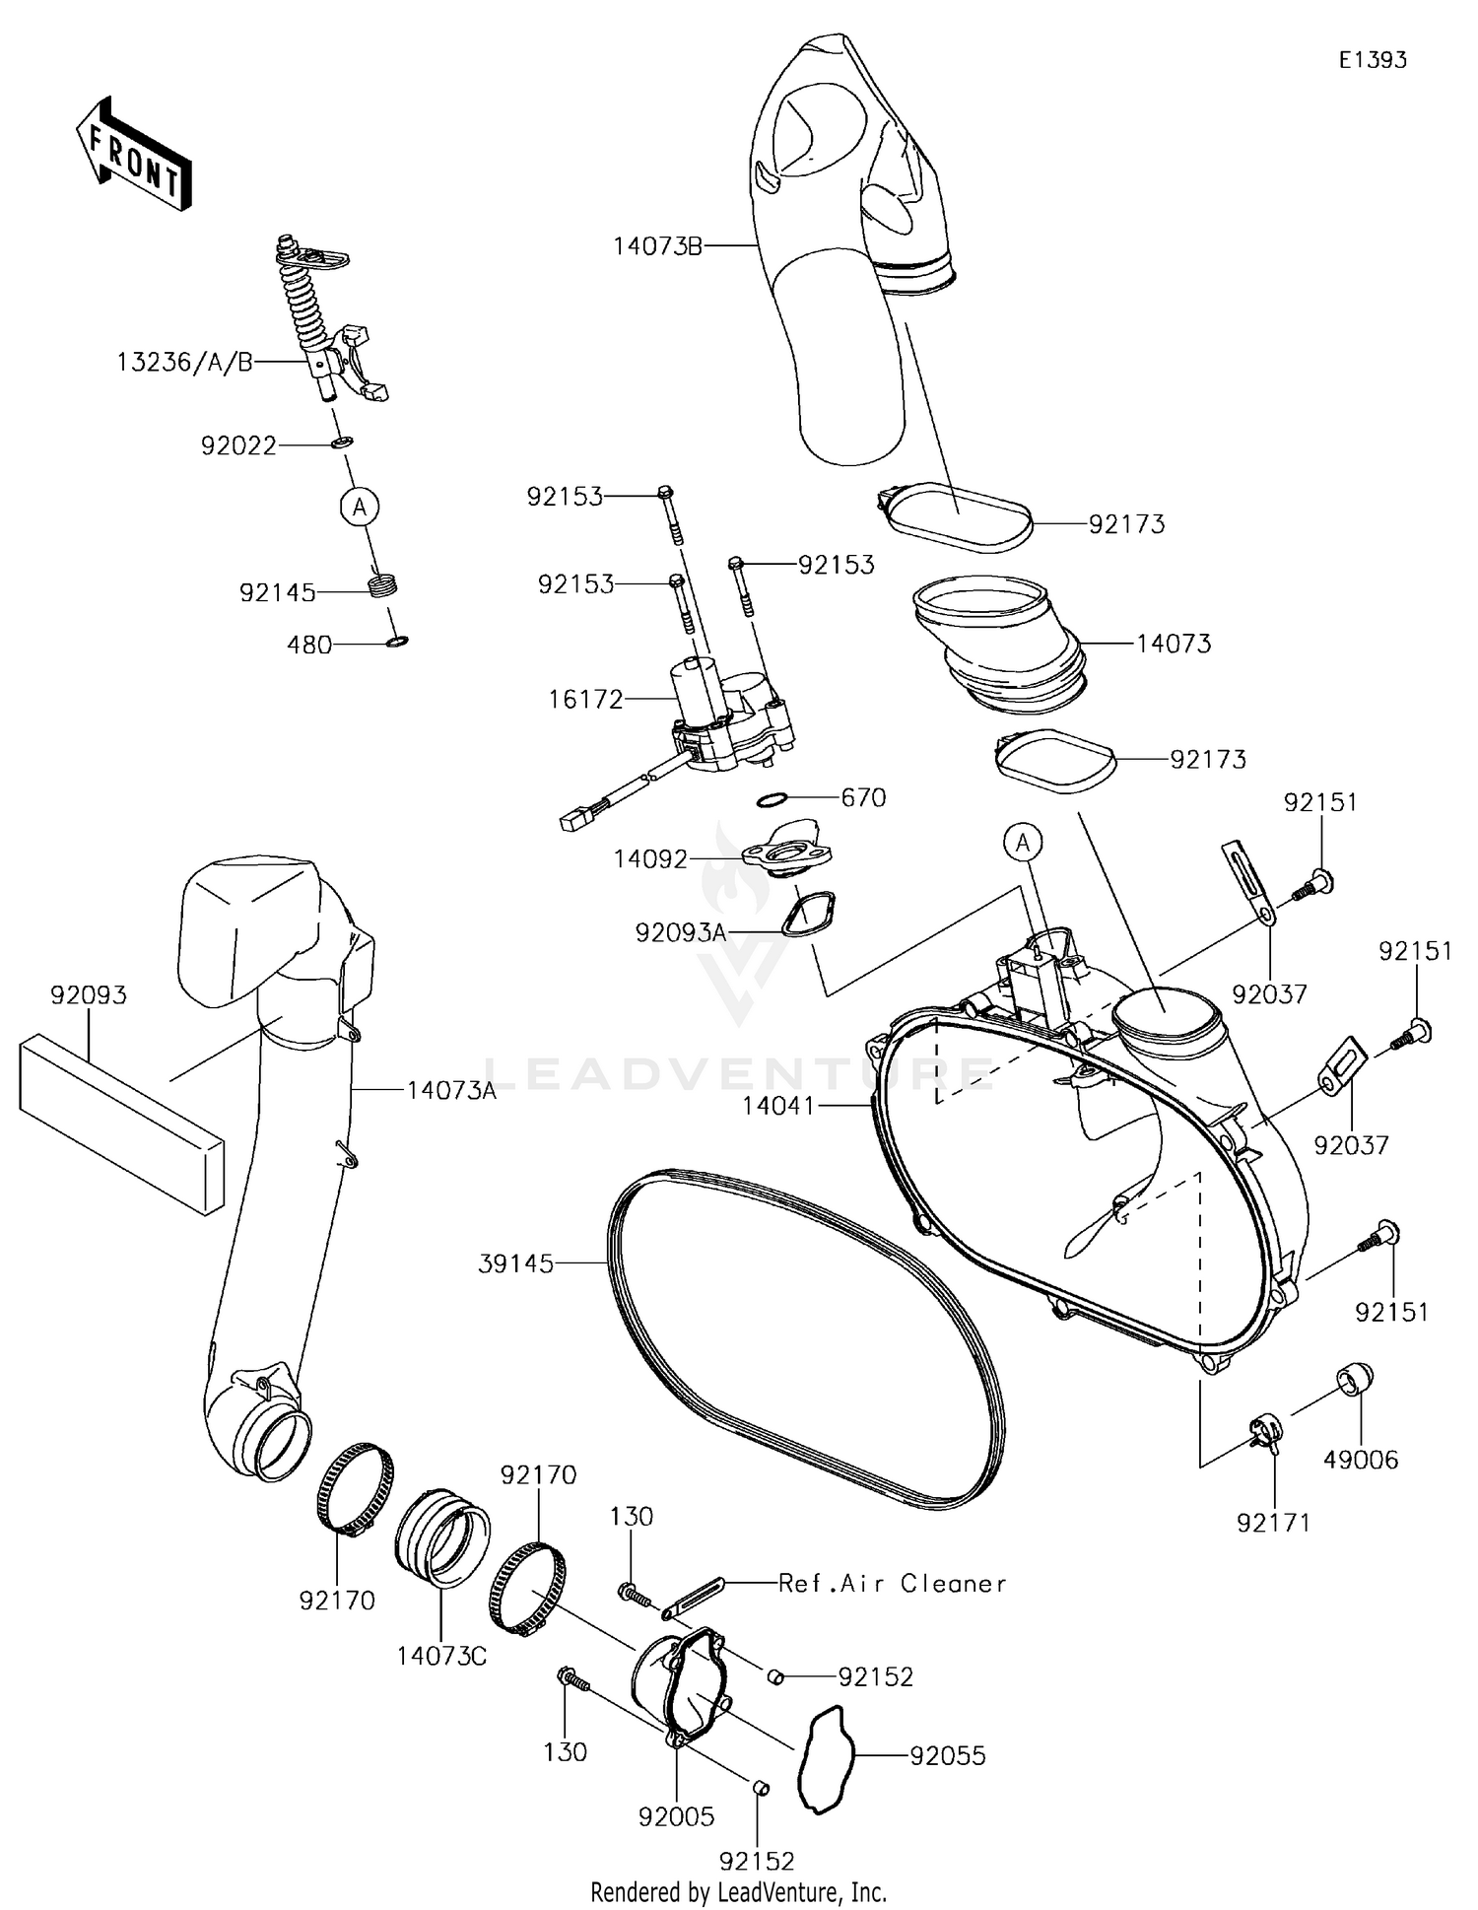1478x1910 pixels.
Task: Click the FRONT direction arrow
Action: click(x=133, y=155)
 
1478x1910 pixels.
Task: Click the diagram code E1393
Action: click(x=1373, y=60)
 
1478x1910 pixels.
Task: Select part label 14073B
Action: click(x=657, y=245)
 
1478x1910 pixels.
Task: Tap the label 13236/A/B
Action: click(x=184, y=363)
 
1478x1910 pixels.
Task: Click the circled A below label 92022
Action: click(x=360, y=507)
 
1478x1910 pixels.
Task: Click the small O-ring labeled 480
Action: click(x=397, y=643)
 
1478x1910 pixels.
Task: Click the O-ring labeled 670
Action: click(x=774, y=797)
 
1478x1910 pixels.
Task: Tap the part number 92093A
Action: click(x=681, y=931)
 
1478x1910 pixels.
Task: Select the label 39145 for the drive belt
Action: click(x=515, y=1262)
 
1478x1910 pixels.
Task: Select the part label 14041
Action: click(x=778, y=1106)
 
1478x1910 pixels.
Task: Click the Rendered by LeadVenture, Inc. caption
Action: click(x=738, y=1891)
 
